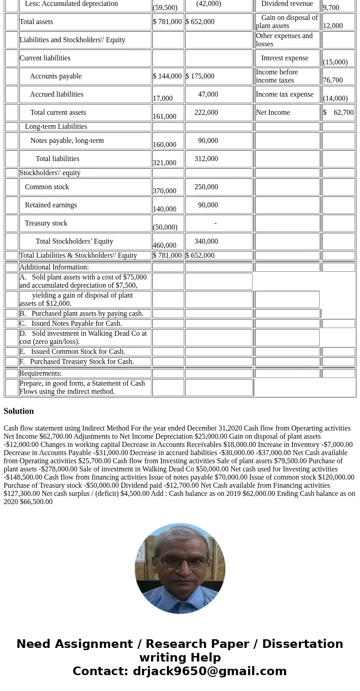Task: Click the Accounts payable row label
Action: pyautogui.click(x=56, y=76)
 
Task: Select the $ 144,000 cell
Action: pyautogui.click(x=167, y=76)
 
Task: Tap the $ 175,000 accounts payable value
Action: pyautogui.click(x=200, y=76)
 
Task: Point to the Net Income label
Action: pyautogui.click(x=272, y=113)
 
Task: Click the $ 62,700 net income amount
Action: pyautogui.click(x=338, y=113)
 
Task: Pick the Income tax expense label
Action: pyautogui.click(x=284, y=94)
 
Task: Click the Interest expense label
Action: pyautogui.click(x=284, y=58)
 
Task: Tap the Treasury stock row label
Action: pyautogui.click(x=46, y=223)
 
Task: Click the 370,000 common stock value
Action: pyautogui.click(x=165, y=191)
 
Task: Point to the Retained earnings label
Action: pyautogui.click(x=51, y=205)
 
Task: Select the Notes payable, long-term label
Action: pyautogui.click(x=67, y=141)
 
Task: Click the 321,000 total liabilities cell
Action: pyautogui.click(x=165, y=162)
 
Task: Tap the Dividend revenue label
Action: pyautogui.click(x=287, y=4)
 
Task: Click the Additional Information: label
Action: pyautogui.click(x=54, y=267)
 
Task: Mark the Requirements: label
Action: pyautogui.click(x=40, y=373)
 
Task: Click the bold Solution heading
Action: pyautogui.click(x=19, y=411)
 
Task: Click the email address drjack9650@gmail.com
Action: pyautogui.click(x=209, y=671)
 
